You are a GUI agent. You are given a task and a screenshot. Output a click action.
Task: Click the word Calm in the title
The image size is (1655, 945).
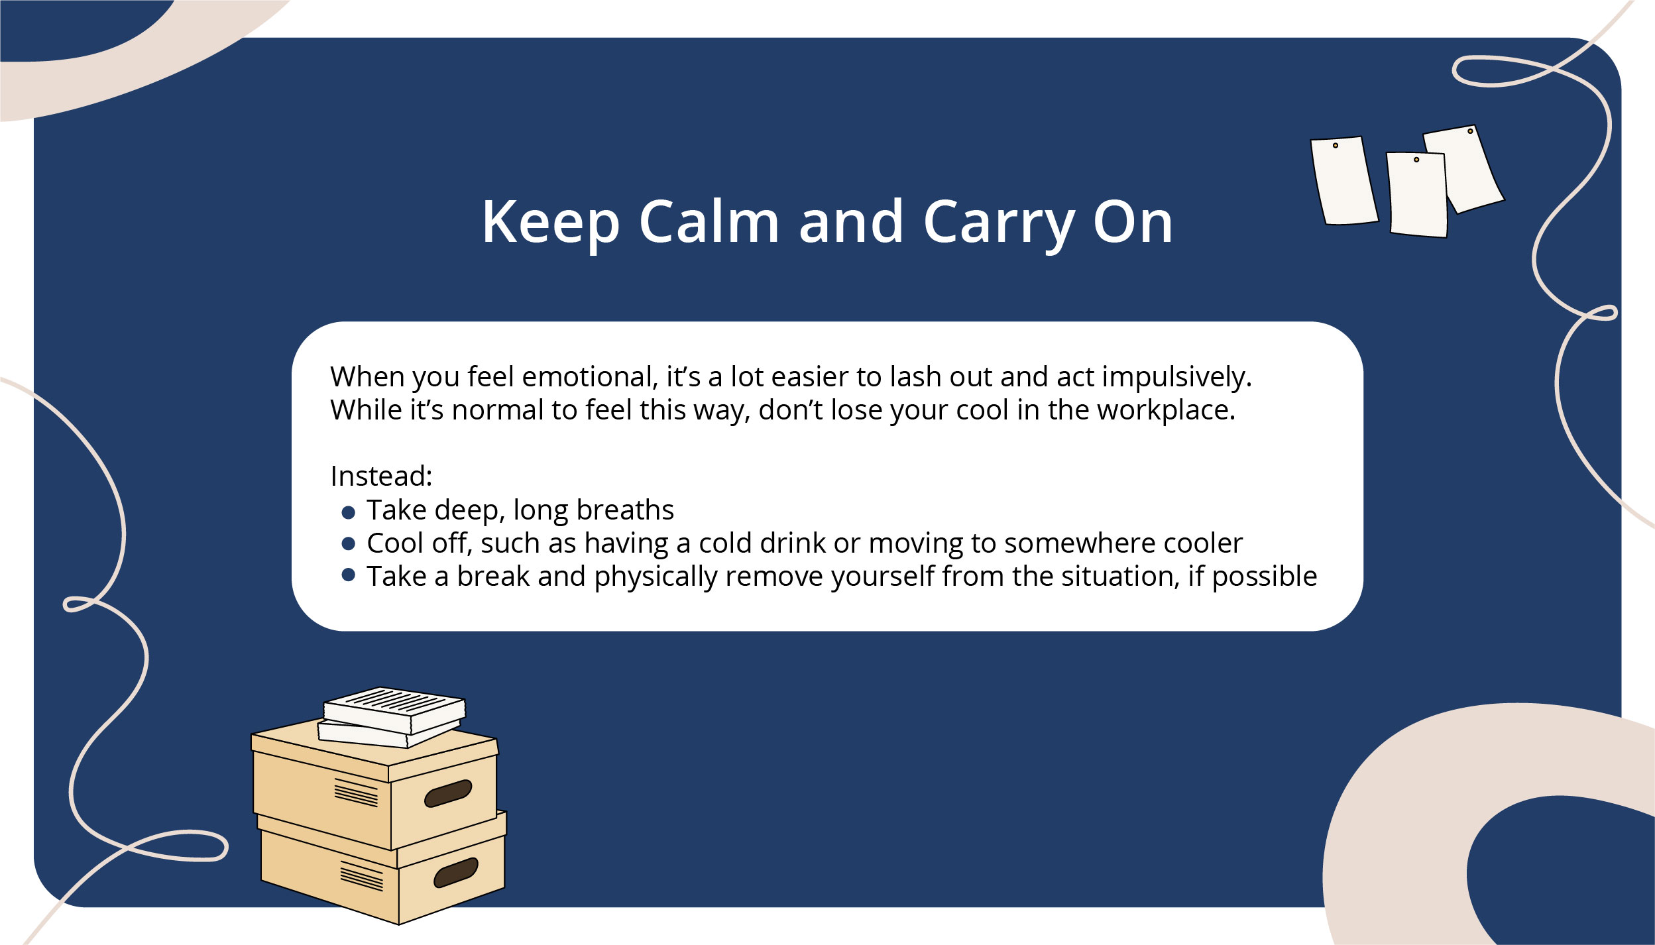tap(709, 221)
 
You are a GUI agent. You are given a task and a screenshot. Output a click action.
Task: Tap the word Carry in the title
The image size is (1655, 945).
tap(999, 225)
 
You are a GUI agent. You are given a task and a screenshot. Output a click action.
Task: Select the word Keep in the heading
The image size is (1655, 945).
tap(551, 225)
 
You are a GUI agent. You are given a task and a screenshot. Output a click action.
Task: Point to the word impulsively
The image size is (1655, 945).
tap(1177, 378)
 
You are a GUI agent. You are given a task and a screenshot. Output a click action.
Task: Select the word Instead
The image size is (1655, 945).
tap(381, 476)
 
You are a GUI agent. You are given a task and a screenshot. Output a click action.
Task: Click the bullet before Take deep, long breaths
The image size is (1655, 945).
tap(349, 512)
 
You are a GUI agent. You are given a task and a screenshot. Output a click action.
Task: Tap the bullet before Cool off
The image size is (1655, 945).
tap(349, 544)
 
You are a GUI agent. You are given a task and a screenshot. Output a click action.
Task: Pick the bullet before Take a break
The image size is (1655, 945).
tap(349, 575)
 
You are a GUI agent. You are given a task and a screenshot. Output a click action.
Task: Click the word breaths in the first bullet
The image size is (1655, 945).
tap(625, 510)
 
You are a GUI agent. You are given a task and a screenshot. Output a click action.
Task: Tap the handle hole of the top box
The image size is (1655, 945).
tap(448, 793)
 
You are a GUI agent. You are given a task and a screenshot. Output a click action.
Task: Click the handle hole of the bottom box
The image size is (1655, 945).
tap(456, 872)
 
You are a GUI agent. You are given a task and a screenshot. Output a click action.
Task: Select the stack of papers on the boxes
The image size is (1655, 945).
tap(392, 717)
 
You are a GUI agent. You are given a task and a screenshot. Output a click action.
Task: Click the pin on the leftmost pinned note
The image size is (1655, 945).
tap(1336, 145)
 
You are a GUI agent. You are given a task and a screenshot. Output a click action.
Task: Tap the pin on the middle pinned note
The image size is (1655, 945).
tap(1416, 160)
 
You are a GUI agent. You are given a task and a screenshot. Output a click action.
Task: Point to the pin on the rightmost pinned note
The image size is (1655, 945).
tap(1470, 131)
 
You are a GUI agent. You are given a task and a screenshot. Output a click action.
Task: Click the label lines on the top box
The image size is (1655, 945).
tap(356, 793)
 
